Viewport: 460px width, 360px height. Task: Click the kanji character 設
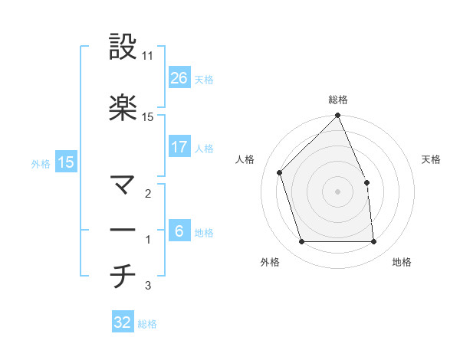[x=123, y=47]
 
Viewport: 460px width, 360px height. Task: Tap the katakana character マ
[x=123, y=185]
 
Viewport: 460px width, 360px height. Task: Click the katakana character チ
[x=123, y=277]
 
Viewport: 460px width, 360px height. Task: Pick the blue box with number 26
[x=179, y=78]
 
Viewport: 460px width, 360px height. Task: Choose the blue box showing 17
[x=179, y=147]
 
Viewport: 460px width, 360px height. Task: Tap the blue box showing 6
[x=179, y=232]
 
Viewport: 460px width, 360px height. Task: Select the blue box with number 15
[x=65, y=162]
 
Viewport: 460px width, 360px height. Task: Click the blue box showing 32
[x=123, y=323]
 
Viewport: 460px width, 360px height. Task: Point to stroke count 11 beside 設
[x=148, y=57]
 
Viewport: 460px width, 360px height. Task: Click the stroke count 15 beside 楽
[x=148, y=116]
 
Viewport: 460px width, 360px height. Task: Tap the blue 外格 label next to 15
[x=41, y=163]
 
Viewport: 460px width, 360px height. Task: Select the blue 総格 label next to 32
[x=147, y=324]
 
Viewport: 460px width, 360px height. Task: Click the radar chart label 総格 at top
[x=338, y=100]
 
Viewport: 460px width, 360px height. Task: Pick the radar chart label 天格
[x=431, y=159]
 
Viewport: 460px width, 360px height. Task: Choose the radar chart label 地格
[x=402, y=263]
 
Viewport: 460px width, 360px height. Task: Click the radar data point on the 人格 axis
[x=280, y=172]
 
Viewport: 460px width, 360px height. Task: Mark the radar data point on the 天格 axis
[x=366, y=182]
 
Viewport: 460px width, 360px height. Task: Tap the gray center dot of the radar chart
[x=337, y=191]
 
